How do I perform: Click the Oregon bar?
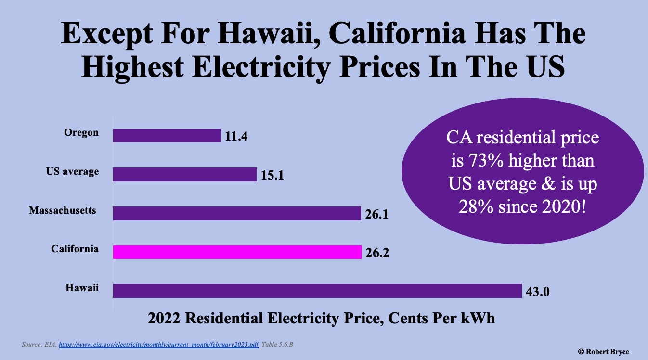coord(167,136)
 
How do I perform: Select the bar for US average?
coord(184,174)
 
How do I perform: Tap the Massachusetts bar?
coord(237,213)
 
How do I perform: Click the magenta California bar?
coord(237,252)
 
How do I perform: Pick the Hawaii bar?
coord(317,291)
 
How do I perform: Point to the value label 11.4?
coord(236,137)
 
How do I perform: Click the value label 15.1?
coord(272,175)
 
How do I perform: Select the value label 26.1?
coord(376,214)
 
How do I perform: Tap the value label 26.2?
coord(377,253)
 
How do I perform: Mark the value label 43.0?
coord(538,292)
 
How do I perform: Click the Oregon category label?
coord(81,132)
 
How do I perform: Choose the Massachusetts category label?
coord(63,210)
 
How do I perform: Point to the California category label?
coord(75,249)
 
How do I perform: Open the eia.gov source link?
coord(159,345)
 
